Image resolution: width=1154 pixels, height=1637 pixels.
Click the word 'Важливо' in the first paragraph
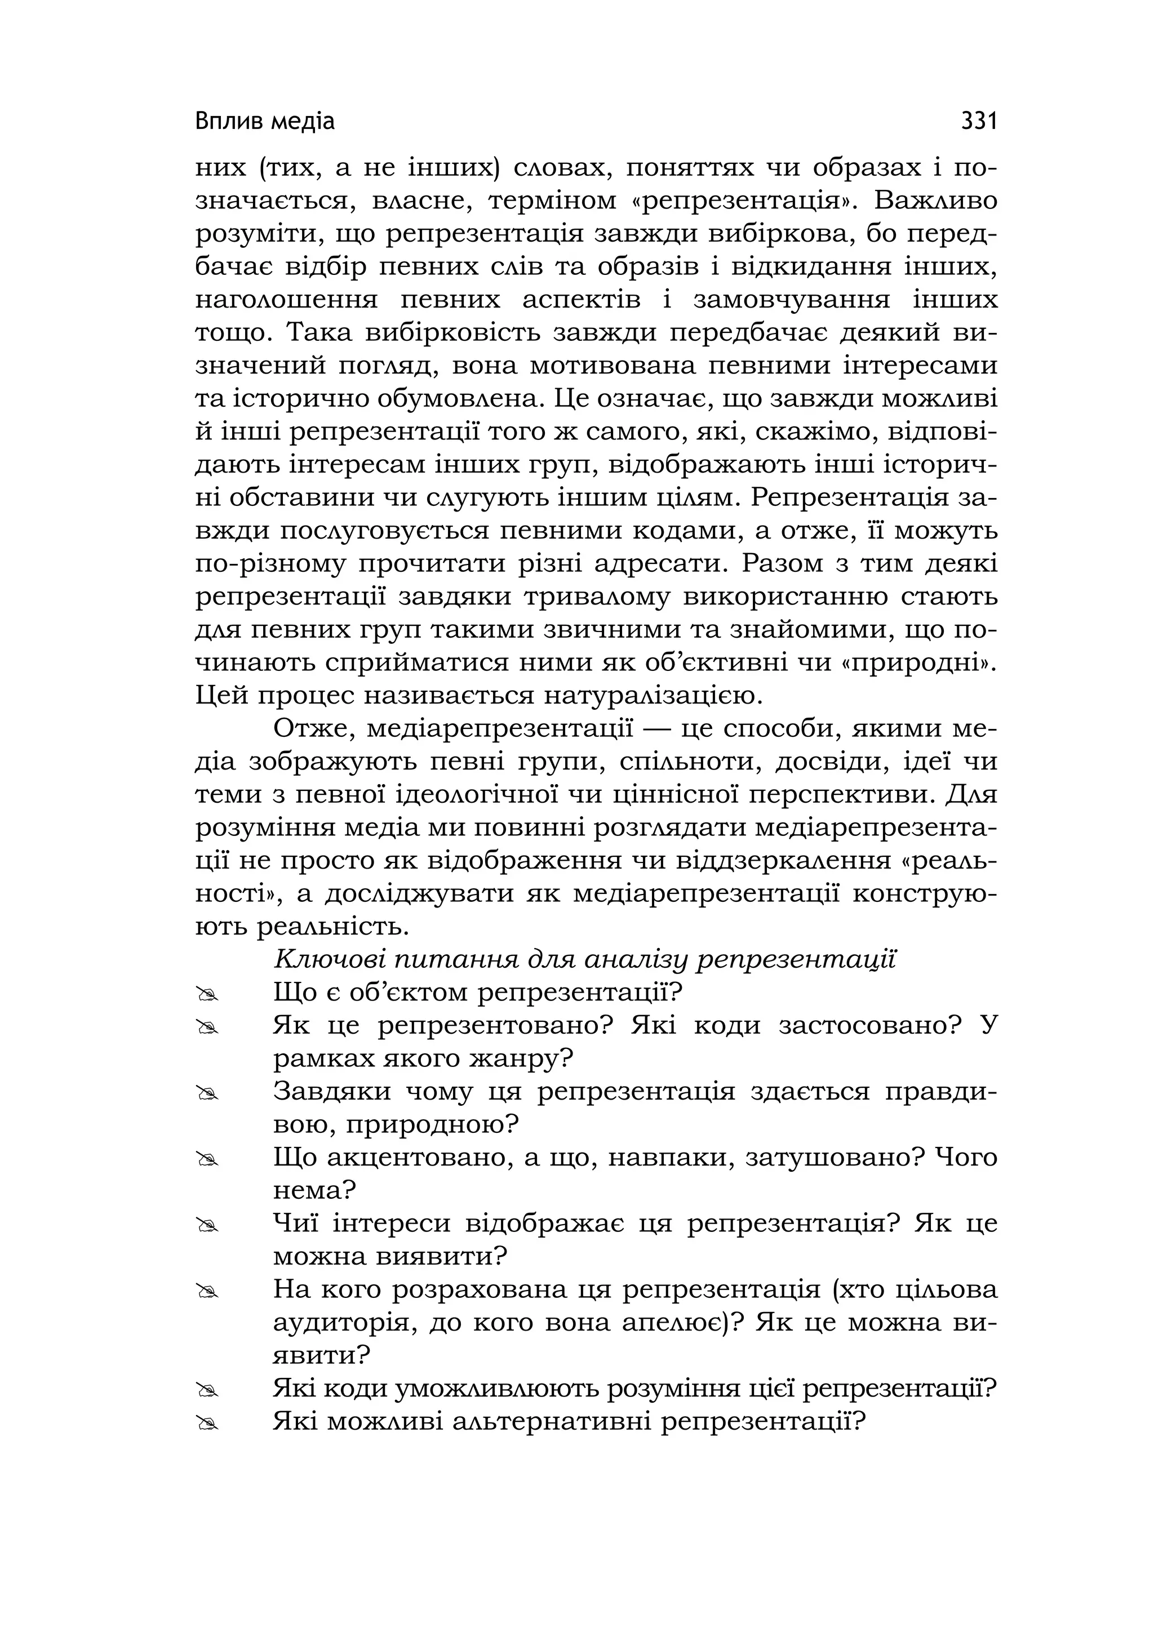pyautogui.click(x=935, y=201)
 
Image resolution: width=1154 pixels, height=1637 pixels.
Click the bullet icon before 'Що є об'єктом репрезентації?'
pyautogui.click(x=207, y=994)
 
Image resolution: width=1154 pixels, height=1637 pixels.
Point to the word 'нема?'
pyautogui.click(x=314, y=1191)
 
